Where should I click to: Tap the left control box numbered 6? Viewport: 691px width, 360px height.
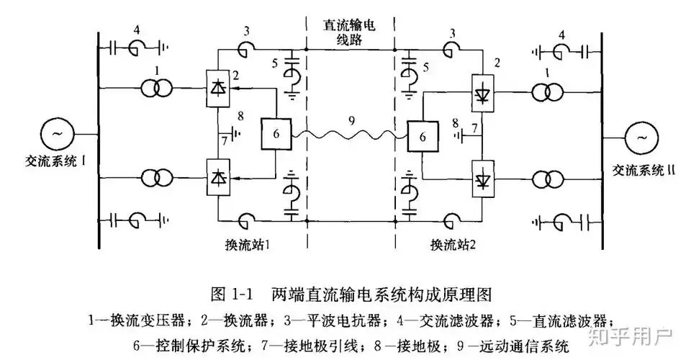click(276, 134)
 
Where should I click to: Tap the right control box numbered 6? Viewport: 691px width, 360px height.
click(423, 135)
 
